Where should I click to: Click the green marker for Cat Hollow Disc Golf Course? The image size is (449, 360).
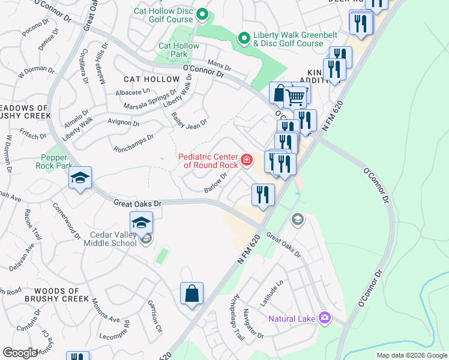coord(202,14)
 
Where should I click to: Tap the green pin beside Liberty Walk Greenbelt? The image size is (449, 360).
coord(244,39)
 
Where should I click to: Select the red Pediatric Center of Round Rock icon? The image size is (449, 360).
coord(247,160)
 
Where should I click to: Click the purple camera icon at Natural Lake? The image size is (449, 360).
coord(325,317)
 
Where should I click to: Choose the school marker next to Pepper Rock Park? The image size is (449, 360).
coord(80,178)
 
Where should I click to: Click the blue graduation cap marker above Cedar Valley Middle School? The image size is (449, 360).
coord(141,222)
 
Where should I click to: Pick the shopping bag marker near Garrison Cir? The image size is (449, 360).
coord(191,294)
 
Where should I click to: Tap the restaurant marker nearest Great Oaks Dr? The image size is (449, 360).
coord(262,194)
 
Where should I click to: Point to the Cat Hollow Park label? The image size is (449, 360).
coord(178,50)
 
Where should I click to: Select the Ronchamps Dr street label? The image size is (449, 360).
coord(133,142)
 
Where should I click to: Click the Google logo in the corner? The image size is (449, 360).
coord(20,353)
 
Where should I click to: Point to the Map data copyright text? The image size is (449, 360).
coord(412,356)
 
